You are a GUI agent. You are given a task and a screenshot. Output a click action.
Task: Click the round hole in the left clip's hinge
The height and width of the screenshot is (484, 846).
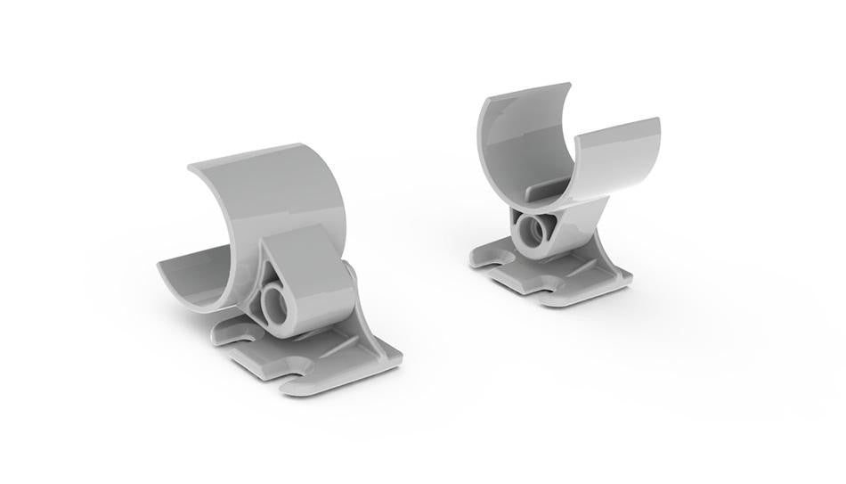tap(274, 303)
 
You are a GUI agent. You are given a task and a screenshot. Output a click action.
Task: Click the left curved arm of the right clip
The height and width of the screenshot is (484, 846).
tap(517, 143)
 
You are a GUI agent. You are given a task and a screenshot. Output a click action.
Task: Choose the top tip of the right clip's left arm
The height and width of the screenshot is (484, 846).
tap(568, 86)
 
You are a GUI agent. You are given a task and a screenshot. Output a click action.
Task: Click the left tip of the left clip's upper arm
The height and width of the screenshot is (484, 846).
tap(189, 168)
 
